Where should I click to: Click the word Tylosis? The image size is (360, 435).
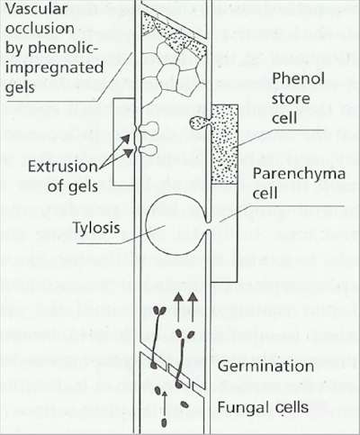click(x=96, y=228)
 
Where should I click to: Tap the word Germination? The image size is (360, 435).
click(x=265, y=366)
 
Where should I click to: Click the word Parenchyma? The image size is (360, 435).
click(x=299, y=175)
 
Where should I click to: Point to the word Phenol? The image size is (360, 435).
click(x=299, y=78)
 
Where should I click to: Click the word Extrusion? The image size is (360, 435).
click(x=63, y=166)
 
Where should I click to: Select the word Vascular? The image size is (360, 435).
click(x=36, y=9)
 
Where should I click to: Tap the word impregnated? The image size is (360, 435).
click(x=54, y=68)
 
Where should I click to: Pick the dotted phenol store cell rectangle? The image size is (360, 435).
click(x=225, y=144)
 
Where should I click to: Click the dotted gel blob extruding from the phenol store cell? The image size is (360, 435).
click(x=199, y=122)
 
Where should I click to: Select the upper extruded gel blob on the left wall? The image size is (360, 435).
click(x=148, y=129)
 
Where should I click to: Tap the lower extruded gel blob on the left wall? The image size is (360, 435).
click(x=148, y=150)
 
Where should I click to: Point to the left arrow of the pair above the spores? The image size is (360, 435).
click(x=179, y=307)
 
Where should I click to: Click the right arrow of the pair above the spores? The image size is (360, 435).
click(x=193, y=307)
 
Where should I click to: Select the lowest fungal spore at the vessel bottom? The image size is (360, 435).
click(x=164, y=422)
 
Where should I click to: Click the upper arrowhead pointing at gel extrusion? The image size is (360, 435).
click(x=126, y=139)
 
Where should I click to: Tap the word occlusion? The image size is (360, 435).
click(x=40, y=29)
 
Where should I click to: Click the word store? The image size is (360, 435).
click(x=291, y=99)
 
